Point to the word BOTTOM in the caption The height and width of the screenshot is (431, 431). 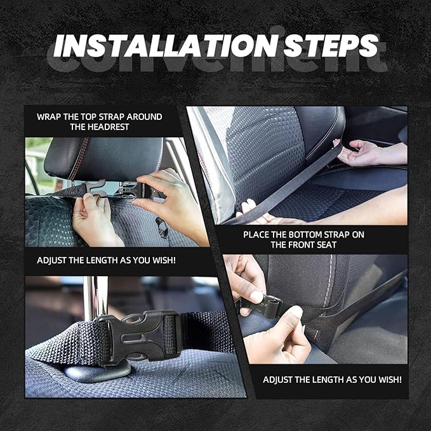tap(304, 234)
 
